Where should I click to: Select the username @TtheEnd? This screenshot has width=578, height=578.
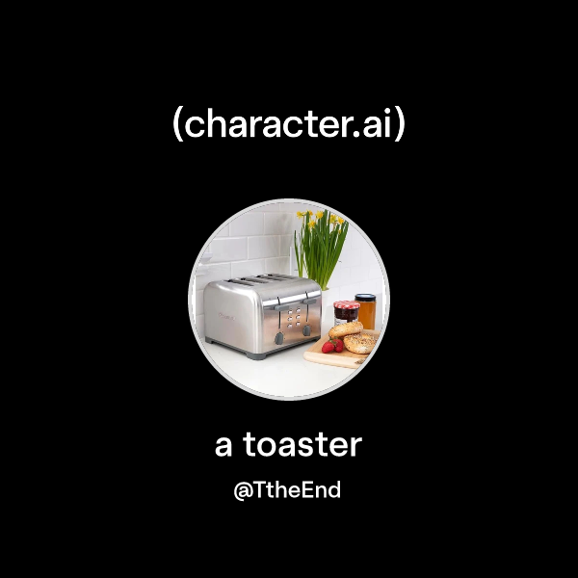(x=288, y=490)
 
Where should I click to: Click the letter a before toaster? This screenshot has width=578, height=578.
(x=223, y=446)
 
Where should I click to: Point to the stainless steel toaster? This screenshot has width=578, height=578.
(x=258, y=313)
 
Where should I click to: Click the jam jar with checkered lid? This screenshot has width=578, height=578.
(x=346, y=315)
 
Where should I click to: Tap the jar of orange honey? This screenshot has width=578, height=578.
(x=365, y=310)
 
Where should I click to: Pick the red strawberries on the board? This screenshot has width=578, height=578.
(x=330, y=345)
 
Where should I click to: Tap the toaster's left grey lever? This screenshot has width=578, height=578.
(x=279, y=338)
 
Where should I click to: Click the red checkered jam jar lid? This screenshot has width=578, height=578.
(x=347, y=304)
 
